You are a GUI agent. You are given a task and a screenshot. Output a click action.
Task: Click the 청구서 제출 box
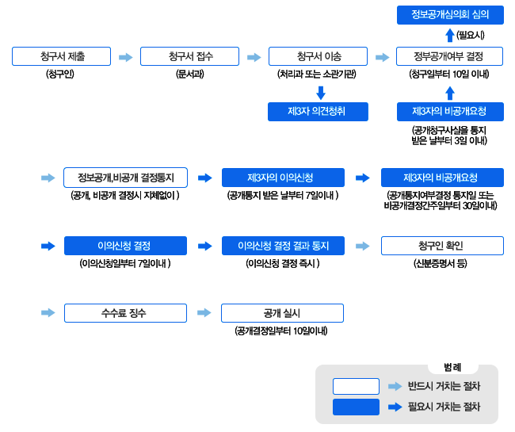point(62,56)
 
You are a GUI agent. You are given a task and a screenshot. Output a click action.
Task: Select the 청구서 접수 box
point(189,56)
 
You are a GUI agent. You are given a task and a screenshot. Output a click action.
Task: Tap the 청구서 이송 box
point(318,56)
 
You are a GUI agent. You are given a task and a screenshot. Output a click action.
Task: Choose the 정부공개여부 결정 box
point(450,56)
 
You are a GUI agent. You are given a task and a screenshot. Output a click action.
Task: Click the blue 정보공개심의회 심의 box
point(450,15)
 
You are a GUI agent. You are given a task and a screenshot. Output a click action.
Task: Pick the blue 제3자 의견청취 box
point(318,112)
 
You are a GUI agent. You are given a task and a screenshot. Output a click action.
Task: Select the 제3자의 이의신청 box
point(283,178)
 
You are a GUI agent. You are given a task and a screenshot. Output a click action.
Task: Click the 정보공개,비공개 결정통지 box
point(125,178)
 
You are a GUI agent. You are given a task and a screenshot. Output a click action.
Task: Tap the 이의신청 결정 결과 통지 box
point(283,246)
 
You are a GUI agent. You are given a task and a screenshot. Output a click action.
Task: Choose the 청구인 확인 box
point(442,246)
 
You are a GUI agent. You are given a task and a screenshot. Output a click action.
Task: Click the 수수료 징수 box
point(125,313)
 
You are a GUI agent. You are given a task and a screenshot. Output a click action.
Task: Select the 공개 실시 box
point(283,313)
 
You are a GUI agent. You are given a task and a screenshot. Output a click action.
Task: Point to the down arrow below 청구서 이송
point(321,93)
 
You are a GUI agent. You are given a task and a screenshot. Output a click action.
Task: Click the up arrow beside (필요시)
point(450,35)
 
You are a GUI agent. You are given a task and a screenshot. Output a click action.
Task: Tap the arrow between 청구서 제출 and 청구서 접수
point(126,57)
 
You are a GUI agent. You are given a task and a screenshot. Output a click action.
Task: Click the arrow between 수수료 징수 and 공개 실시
point(204,312)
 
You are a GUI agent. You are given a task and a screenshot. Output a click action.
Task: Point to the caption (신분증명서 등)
point(440,263)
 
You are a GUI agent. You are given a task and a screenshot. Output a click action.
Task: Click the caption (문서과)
point(190,74)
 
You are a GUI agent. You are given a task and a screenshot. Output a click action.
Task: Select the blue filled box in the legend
point(356,407)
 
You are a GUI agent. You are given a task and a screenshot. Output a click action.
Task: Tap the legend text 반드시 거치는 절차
point(444,386)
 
